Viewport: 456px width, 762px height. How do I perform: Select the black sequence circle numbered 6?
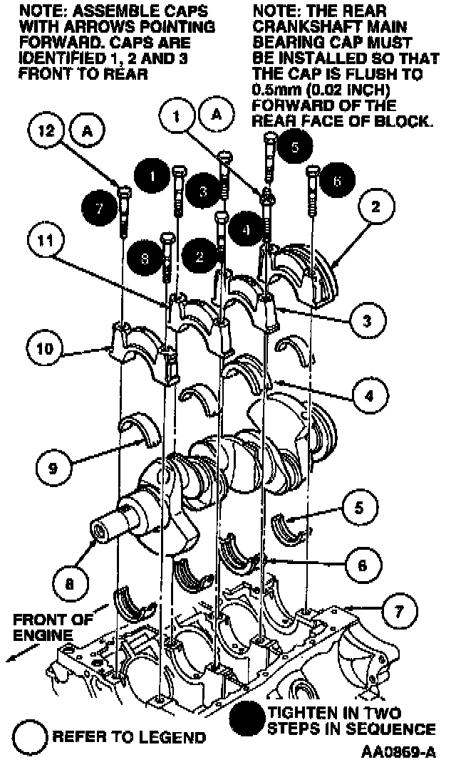click(336, 181)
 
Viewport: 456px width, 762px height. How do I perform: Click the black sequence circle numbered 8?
click(145, 261)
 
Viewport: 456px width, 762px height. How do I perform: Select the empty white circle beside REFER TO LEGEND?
click(28, 735)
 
